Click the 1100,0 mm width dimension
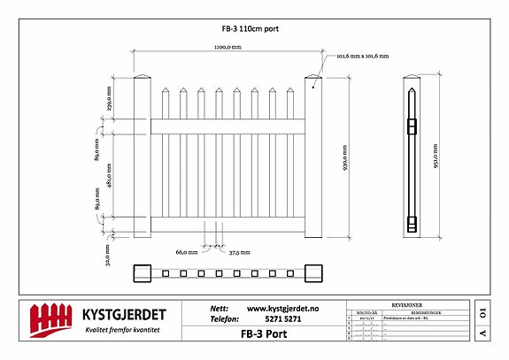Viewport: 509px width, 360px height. (x=228, y=47)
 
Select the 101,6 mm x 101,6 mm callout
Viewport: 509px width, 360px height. (x=364, y=57)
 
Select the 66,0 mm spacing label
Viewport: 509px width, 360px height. (x=186, y=252)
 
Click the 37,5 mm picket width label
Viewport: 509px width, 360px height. (x=239, y=252)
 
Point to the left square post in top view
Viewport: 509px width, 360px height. (x=143, y=273)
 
